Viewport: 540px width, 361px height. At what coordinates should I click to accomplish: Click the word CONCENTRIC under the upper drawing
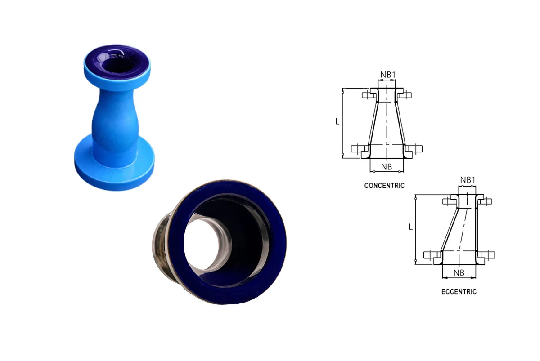click(x=384, y=185)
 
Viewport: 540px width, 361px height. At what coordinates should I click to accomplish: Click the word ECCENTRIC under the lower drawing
click(x=459, y=291)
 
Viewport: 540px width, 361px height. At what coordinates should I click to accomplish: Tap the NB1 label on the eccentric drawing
click(x=468, y=180)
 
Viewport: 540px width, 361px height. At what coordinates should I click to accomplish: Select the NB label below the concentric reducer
click(x=387, y=167)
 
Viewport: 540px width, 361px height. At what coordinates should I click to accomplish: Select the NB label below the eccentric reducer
click(x=459, y=273)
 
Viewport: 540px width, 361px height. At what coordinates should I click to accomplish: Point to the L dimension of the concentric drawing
click(x=338, y=121)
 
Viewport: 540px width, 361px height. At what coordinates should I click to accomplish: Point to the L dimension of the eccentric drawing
click(x=410, y=227)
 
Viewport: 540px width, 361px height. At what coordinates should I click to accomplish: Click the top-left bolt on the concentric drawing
click(x=368, y=94)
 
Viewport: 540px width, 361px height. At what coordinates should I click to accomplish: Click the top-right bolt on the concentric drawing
click(x=405, y=94)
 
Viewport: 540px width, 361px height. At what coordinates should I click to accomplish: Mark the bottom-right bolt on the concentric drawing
click(x=415, y=149)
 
